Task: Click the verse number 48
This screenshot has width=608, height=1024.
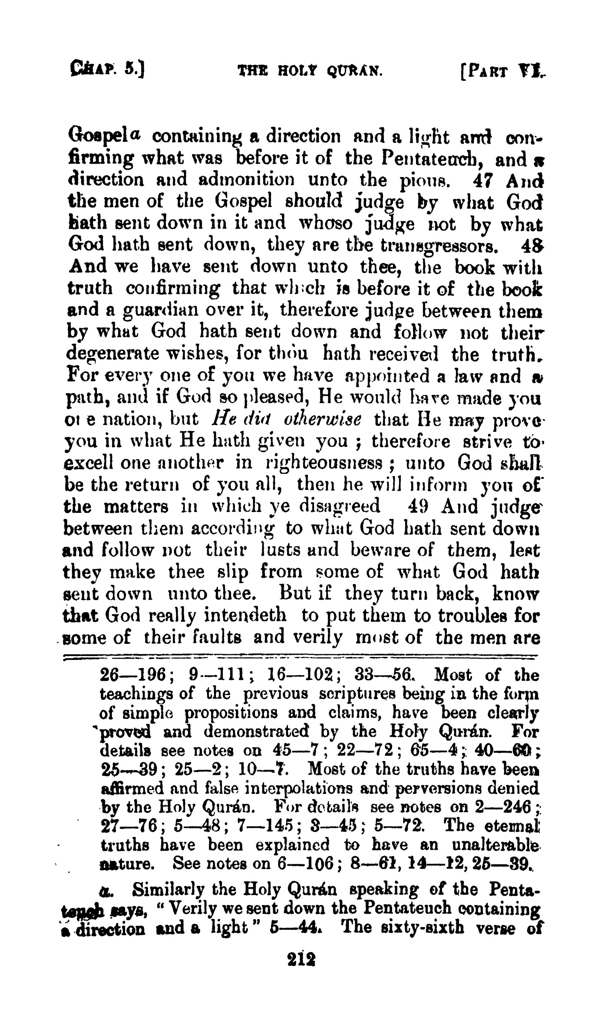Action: pyautogui.click(x=529, y=246)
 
